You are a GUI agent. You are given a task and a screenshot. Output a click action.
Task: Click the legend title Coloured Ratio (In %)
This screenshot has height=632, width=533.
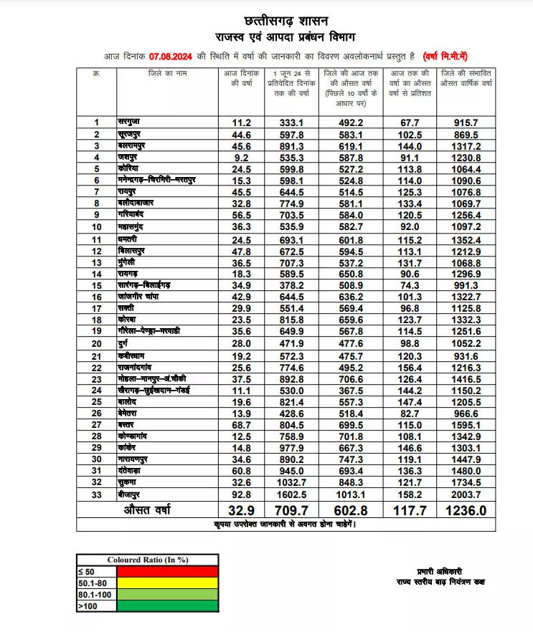click(147, 560)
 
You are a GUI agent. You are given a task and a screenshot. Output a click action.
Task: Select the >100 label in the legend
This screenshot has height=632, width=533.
click(88, 608)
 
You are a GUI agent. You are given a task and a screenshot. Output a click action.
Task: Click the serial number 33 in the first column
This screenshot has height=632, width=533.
click(96, 494)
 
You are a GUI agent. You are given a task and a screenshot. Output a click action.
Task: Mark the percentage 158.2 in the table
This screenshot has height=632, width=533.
click(410, 494)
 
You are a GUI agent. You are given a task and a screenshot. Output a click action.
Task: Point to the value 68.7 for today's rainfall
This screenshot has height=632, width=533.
click(240, 424)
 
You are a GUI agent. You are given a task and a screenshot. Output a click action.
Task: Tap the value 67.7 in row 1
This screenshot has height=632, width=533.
click(410, 123)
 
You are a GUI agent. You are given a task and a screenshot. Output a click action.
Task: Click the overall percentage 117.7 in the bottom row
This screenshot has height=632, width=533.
click(410, 510)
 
